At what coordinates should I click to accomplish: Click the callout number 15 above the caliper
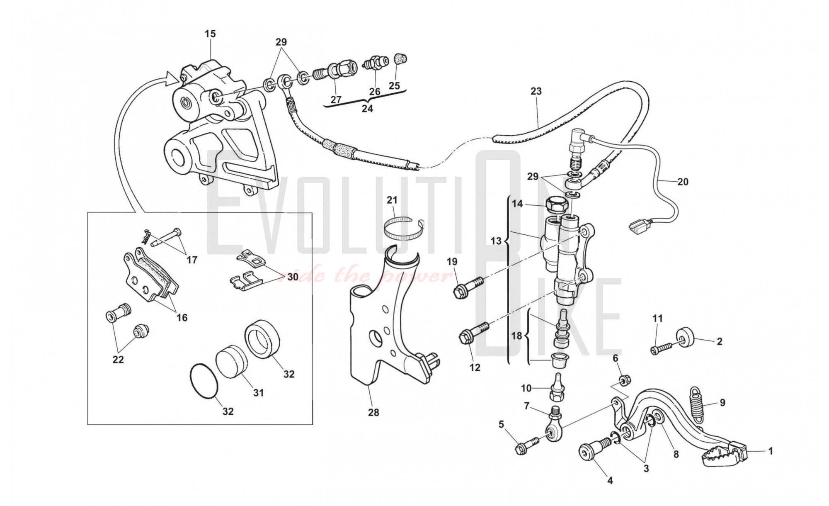(x=210, y=34)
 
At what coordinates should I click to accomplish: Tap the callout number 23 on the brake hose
(x=536, y=91)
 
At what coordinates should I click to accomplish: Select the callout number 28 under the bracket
(x=373, y=412)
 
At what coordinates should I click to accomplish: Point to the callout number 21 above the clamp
(x=392, y=200)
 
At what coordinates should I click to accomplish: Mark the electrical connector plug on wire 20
(x=637, y=227)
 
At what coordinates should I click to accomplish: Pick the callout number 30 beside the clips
(x=293, y=277)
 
